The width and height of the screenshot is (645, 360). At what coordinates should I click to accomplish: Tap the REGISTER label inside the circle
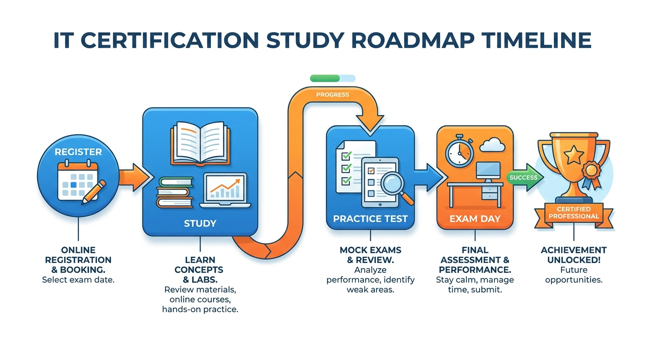point(78,152)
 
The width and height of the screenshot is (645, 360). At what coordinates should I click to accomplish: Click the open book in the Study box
point(200,143)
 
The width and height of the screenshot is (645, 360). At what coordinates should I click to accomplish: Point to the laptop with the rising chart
point(225,190)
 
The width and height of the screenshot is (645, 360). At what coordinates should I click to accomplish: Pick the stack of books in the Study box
point(175,192)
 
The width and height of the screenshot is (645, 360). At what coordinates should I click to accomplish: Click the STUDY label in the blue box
point(200,223)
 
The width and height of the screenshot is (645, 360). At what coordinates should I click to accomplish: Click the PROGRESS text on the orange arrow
point(333,95)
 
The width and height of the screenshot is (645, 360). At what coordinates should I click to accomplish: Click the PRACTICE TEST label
point(370,218)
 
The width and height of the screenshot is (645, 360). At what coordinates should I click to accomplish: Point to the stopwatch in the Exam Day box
point(459,150)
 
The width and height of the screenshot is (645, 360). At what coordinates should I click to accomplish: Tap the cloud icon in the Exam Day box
point(492,145)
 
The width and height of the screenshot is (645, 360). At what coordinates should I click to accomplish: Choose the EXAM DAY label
point(475,218)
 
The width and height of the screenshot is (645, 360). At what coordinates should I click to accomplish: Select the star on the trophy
point(574,155)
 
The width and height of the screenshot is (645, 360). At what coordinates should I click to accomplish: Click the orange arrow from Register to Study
point(134,177)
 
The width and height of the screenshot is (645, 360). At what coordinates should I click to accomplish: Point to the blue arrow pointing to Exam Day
point(429,177)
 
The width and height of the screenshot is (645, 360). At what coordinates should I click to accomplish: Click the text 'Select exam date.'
point(78,280)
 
